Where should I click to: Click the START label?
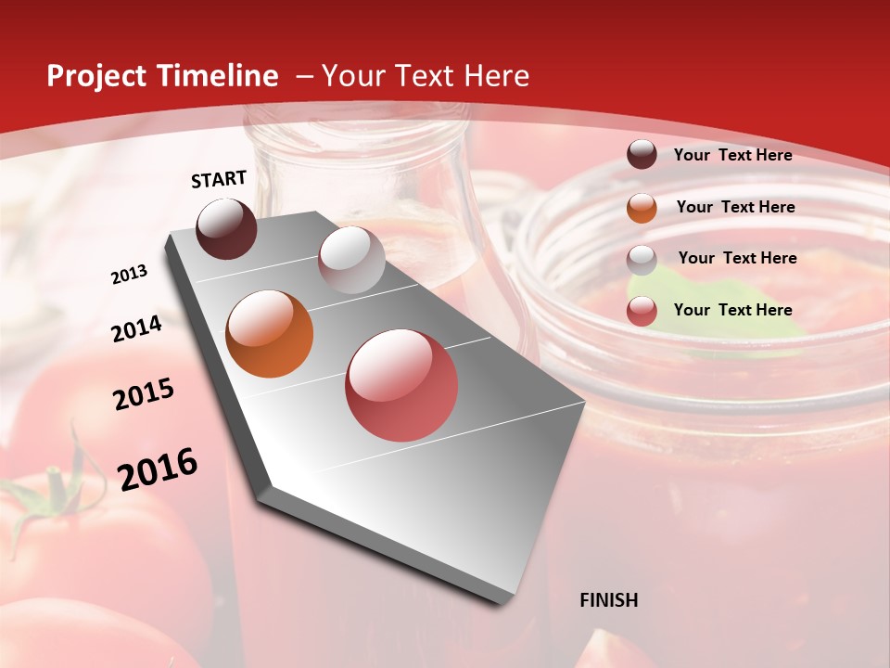(219, 179)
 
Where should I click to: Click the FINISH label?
(609, 600)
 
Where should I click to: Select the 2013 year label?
(130, 275)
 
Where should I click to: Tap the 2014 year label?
(137, 328)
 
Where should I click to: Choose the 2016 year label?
(158, 469)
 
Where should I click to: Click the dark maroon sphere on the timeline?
(227, 228)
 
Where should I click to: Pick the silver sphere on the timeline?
(351, 260)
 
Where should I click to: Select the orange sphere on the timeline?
(270, 334)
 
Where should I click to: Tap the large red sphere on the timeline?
(401, 385)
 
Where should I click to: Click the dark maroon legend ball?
(642, 155)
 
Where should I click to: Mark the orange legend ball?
(642, 208)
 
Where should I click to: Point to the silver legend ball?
(642, 260)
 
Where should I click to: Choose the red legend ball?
(642, 312)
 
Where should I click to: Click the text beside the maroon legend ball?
(732, 155)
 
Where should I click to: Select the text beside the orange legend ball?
(735, 207)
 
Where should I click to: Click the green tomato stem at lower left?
(56, 492)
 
